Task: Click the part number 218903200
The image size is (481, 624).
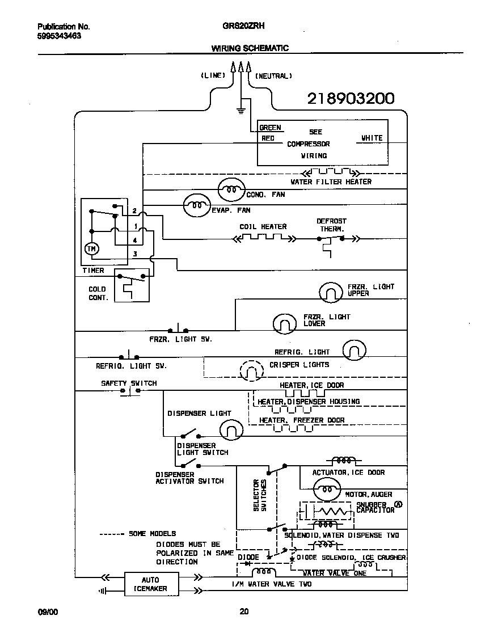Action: pos(350,99)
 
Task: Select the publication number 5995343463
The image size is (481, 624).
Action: pos(59,36)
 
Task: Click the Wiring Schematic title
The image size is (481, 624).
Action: pos(250,48)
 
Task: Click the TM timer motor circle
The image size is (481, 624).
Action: pos(91,248)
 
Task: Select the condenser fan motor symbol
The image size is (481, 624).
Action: pos(231,189)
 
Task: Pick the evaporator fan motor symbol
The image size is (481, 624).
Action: pos(196,206)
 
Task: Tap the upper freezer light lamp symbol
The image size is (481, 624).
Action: pos(330,292)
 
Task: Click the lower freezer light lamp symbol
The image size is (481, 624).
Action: pos(285,323)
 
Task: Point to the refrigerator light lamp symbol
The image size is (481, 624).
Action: pos(355,351)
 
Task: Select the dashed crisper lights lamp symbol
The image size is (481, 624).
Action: pos(251,372)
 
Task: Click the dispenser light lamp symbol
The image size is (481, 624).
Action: pos(231,431)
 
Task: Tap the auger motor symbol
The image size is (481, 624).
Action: pos(327,488)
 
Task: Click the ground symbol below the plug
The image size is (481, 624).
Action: pos(241,110)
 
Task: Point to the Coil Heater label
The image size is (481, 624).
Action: pos(263,227)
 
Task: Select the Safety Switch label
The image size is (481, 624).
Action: pos(129,383)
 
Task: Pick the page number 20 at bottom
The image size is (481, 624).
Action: pos(243,612)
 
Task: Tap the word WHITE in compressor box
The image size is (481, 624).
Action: pos(372,138)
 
